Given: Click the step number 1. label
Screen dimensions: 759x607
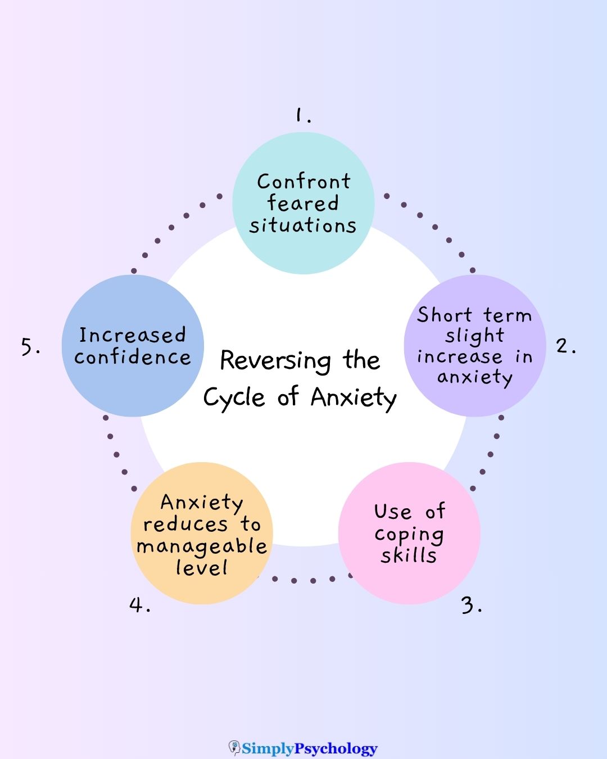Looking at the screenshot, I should (303, 115).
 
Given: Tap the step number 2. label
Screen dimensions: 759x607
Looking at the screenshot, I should (565, 346).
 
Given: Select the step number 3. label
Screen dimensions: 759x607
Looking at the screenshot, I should (471, 606).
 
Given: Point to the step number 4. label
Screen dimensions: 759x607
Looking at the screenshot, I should (139, 606).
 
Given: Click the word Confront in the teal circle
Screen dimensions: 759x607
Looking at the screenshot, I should (303, 182).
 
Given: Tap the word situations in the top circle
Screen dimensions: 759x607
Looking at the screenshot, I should (303, 225).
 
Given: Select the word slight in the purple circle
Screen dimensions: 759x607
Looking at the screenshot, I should (474, 336).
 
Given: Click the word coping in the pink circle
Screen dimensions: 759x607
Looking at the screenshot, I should (409, 535).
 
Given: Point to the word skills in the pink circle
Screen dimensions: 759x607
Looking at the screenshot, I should (409, 555).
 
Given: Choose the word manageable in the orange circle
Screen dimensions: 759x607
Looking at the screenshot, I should (201, 546).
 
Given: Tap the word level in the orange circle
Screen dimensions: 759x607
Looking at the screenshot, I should (201, 567).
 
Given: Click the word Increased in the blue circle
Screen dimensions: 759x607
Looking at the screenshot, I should (132, 335).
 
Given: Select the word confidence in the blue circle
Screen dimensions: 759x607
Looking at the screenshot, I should (132, 357).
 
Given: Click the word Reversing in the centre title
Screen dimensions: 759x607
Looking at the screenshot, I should (275, 361).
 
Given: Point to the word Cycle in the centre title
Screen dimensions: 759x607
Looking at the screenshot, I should (234, 398).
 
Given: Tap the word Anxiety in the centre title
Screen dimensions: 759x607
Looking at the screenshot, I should (354, 398).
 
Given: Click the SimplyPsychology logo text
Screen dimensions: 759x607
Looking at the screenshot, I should (310, 748).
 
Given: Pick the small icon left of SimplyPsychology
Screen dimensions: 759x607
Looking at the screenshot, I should (234, 748).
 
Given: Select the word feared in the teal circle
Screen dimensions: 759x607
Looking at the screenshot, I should (303, 203).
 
